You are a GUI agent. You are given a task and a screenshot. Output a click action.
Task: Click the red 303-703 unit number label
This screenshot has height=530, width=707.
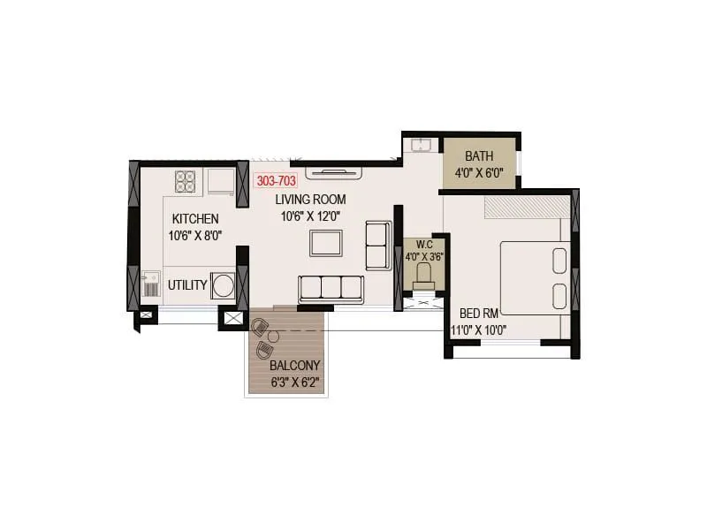point(276,180)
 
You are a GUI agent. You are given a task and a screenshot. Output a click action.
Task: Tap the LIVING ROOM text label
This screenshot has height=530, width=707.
point(310,199)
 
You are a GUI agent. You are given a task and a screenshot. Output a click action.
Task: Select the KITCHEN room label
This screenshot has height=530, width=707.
point(195,219)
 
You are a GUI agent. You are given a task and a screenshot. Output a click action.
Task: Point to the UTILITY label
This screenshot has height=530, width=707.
point(187,285)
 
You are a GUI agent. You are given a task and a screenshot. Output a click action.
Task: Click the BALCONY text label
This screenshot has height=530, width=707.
point(295,365)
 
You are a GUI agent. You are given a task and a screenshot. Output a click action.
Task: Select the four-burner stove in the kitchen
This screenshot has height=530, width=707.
point(186,181)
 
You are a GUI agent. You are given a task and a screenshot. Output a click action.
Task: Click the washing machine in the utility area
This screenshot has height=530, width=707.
point(224,285)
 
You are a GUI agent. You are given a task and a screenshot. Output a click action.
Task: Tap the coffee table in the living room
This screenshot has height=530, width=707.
point(325,242)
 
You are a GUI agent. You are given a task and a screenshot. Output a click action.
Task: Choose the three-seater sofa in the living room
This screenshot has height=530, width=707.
point(331,289)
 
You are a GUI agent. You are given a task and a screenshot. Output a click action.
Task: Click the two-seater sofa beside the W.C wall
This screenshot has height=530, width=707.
point(378,246)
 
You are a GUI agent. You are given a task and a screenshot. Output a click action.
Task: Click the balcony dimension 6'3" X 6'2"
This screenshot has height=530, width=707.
point(295,383)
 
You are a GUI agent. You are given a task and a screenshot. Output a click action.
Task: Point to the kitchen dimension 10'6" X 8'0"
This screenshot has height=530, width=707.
point(195,236)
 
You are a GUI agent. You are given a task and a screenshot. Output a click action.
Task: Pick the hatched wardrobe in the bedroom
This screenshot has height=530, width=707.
point(527,206)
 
